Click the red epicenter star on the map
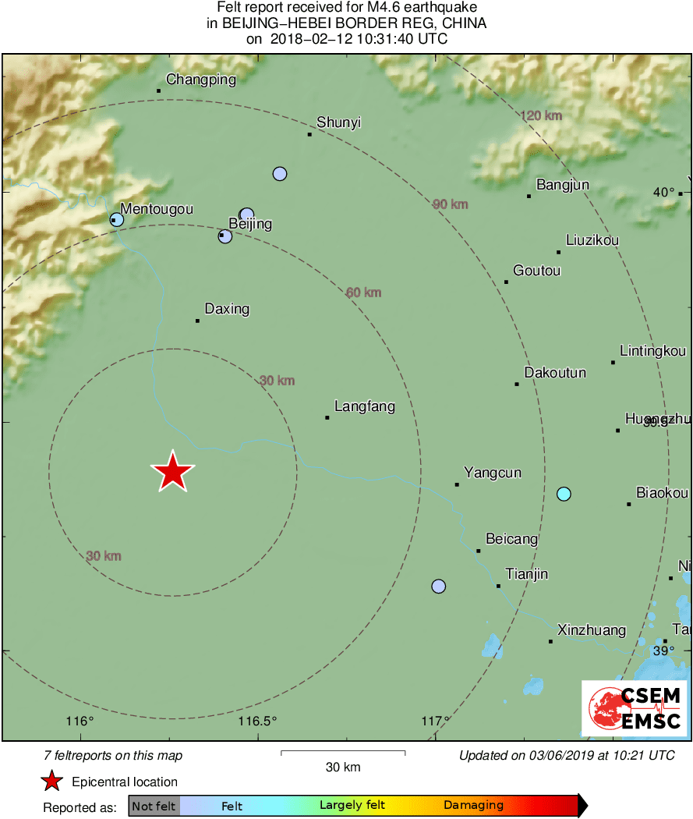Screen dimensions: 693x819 coord(172,472)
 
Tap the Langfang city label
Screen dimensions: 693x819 coord(364,406)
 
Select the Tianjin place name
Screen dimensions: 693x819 coord(526,575)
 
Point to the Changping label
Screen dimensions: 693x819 coord(200,80)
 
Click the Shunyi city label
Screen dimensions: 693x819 coord(338,122)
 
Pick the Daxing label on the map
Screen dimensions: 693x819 coord(227,309)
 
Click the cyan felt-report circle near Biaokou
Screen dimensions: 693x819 coord(564,494)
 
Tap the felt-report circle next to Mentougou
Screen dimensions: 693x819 coord(117,220)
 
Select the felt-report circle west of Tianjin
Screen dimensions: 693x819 coord(439,586)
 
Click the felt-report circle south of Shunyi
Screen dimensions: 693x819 coord(280,174)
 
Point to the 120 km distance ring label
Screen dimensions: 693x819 coord(541,116)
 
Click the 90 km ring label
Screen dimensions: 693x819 coord(451,204)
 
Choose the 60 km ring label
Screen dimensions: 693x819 coord(364,292)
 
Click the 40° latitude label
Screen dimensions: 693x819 coord(663,192)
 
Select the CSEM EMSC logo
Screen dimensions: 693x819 coord(634,708)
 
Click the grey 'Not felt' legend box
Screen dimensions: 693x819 coord(154,806)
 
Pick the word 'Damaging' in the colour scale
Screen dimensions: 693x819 coord(473,806)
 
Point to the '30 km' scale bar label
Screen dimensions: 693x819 coord(342,767)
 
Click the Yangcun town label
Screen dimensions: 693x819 coord(493,473)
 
